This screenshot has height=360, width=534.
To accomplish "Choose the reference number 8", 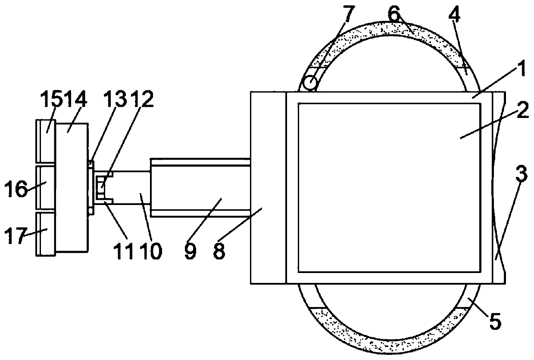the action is coord(219,251).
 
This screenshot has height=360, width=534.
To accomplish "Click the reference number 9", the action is coord(190,251).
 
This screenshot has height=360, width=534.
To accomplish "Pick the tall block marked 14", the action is coord(72,187).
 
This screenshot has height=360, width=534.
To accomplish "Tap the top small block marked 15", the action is coord(46,143).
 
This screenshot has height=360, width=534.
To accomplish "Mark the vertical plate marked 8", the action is coord(268,187).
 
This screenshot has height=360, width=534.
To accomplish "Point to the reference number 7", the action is coord(347,16).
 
